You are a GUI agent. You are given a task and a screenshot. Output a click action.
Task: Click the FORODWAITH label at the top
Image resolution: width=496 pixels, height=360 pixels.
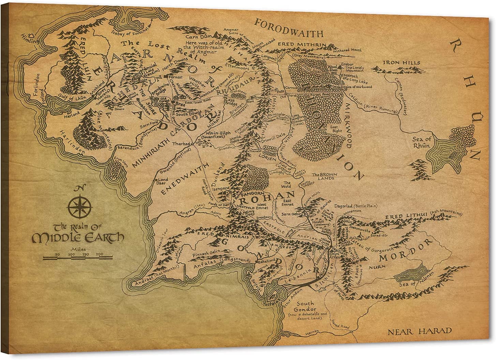tap(289, 33)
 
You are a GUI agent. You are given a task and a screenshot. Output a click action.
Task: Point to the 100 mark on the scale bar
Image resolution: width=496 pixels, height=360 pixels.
tap(71, 254)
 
